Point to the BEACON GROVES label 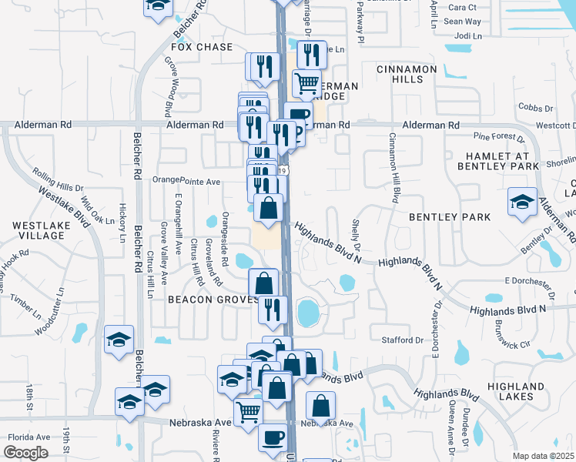tap(213, 299)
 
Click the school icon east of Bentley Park tap(522, 203)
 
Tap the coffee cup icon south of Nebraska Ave tap(273, 437)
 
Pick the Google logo tap(26, 453)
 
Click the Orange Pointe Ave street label tap(186, 181)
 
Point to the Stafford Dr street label tap(403, 340)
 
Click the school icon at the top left tap(158, 5)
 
